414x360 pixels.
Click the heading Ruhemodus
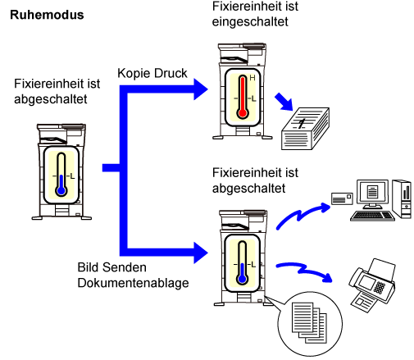47,15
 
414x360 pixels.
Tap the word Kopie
134,74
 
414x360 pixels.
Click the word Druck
171,73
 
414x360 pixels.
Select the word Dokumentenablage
133,283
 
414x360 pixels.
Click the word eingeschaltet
250,22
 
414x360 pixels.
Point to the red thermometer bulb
243,113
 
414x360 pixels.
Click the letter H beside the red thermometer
252,78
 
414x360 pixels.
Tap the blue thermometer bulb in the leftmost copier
61,190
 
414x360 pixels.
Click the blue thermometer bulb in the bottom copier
242,279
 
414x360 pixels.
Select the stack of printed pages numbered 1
305,129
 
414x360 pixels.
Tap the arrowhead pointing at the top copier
201,89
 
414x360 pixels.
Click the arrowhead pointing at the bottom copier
201,253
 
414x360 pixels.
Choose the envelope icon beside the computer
342,198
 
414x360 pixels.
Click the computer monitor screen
372,192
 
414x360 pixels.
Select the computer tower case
402,198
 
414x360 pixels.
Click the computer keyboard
373,216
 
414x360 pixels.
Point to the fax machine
371,285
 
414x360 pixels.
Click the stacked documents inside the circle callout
309,322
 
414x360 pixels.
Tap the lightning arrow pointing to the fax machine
304,271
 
